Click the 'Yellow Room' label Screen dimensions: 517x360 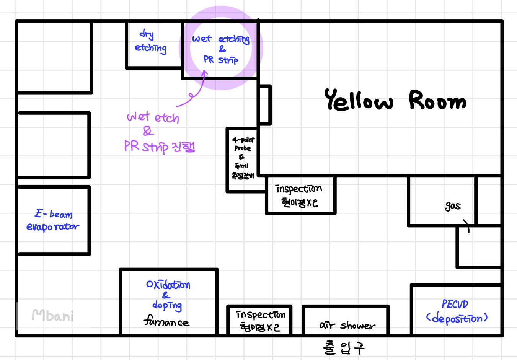click(x=395, y=100)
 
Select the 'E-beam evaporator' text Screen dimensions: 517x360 click(x=53, y=221)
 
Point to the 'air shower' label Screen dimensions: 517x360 click(x=347, y=326)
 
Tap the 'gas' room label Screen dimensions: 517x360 click(x=453, y=206)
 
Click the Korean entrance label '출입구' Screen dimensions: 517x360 click(x=344, y=348)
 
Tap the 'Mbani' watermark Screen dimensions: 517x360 click(x=53, y=316)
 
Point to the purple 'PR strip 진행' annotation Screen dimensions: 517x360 click(x=160, y=147)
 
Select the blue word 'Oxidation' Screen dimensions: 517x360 click(x=168, y=285)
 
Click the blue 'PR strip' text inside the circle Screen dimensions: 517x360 click(x=221, y=60)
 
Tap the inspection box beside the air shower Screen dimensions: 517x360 click(x=259, y=321)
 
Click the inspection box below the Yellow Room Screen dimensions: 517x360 click(x=300, y=195)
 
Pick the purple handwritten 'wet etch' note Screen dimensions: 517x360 click(x=153, y=117)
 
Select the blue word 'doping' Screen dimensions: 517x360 click(x=167, y=305)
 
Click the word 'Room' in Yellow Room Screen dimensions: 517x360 click(x=437, y=101)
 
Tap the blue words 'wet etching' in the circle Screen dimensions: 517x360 click(x=221, y=39)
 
